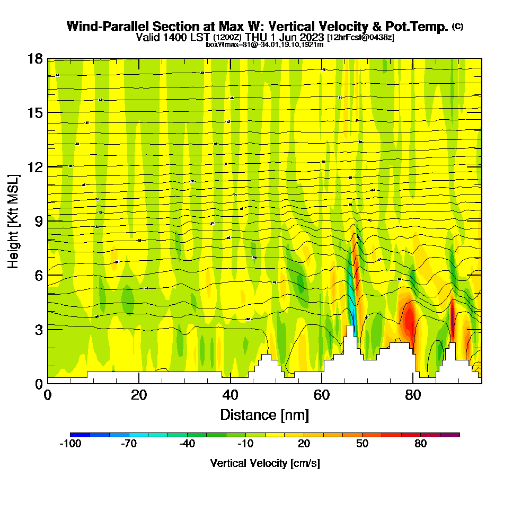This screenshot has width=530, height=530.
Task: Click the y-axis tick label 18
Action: (x=35, y=59)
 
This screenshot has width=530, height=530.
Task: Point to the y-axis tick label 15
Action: (x=35, y=113)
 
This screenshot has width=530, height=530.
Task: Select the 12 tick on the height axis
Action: (x=35, y=167)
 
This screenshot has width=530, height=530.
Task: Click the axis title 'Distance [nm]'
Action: (x=264, y=414)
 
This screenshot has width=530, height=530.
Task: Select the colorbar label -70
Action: (x=129, y=444)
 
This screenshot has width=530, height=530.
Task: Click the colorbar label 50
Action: (x=362, y=444)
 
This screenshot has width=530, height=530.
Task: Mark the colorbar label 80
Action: (x=420, y=444)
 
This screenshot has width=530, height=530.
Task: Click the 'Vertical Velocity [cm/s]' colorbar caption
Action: (x=264, y=463)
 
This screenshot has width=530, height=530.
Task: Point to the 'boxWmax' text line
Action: (x=264, y=45)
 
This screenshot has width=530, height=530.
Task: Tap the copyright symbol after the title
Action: (x=457, y=26)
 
